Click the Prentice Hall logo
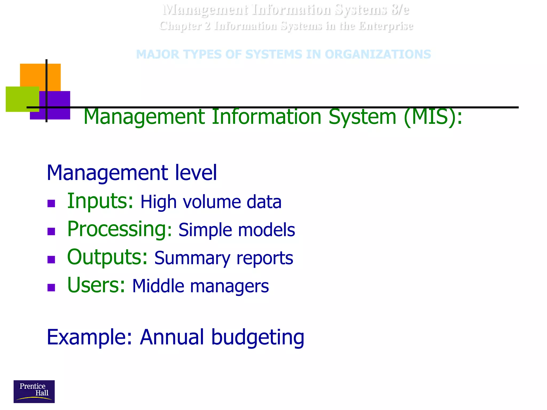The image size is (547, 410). pos(34,391)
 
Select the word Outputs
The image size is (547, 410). pos(107,257)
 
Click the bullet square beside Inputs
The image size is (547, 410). pos(51,203)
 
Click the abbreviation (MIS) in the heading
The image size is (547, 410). pos(433,117)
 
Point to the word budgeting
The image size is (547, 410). pos(258,337)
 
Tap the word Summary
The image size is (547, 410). pos(192,258)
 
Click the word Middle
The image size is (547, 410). pos(158,286)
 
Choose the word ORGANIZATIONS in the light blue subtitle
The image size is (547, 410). pos(378,54)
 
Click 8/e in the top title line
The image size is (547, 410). pos(400,10)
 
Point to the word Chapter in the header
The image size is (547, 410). pos(181,26)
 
